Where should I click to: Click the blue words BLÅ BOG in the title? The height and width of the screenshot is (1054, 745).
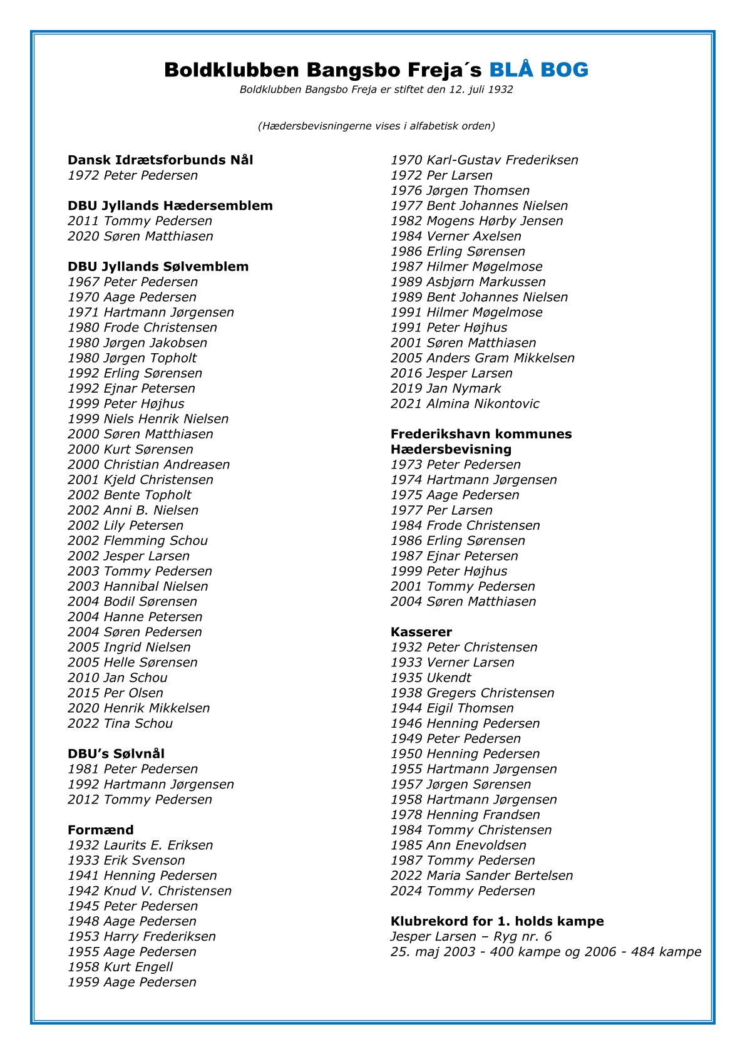click(538, 70)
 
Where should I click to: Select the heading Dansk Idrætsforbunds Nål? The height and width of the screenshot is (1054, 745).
click(160, 160)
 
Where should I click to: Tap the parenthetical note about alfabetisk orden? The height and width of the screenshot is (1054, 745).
click(376, 126)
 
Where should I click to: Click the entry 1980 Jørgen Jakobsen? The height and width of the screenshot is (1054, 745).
click(137, 343)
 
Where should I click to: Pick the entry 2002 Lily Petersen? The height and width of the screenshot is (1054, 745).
click(125, 525)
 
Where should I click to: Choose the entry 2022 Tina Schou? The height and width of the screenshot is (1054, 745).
click(120, 723)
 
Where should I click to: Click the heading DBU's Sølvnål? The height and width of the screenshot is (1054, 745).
click(116, 754)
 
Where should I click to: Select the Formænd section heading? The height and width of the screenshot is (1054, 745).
click(101, 830)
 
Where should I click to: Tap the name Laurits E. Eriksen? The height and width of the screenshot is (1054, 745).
click(158, 845)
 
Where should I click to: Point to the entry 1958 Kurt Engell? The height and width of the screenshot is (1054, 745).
click(120, 967)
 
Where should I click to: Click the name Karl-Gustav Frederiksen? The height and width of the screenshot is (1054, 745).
click(502, 160)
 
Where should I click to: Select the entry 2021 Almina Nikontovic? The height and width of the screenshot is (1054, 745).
click(465, 404)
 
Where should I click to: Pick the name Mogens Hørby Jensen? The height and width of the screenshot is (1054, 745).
click(495, 221)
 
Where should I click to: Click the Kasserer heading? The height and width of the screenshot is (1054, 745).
click(421, 632)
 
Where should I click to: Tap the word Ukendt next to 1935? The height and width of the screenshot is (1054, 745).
click(448, 678)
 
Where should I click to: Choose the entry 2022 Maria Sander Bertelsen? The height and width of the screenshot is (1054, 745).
click(481, 876)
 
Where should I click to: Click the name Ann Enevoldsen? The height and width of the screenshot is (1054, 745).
click(476, 845)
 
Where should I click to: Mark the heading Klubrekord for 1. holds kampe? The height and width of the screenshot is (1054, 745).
click(497, 921)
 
